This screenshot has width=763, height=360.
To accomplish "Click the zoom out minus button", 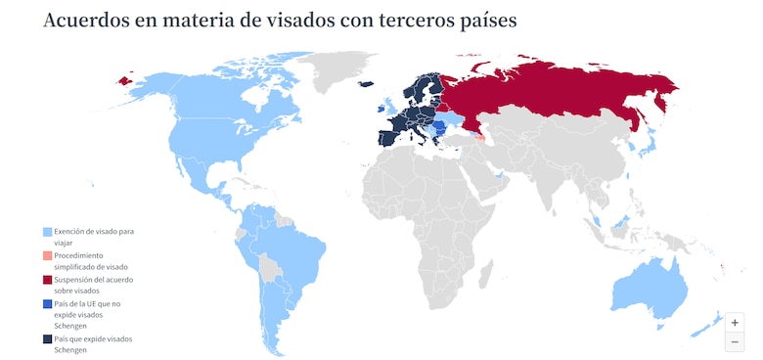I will point(735,341).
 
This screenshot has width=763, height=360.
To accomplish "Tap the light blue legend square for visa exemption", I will point(47,232).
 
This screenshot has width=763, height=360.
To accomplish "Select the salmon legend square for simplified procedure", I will point(47,256).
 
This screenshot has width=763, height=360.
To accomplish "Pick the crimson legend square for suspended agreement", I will point(47,281).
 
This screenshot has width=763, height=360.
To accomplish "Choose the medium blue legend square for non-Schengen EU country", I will point(47,305).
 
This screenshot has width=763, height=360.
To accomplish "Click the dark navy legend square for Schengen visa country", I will point(47,339).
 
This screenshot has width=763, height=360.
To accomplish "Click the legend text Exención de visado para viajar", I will point(94,236).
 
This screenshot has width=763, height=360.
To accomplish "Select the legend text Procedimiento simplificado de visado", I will point(92,261).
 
